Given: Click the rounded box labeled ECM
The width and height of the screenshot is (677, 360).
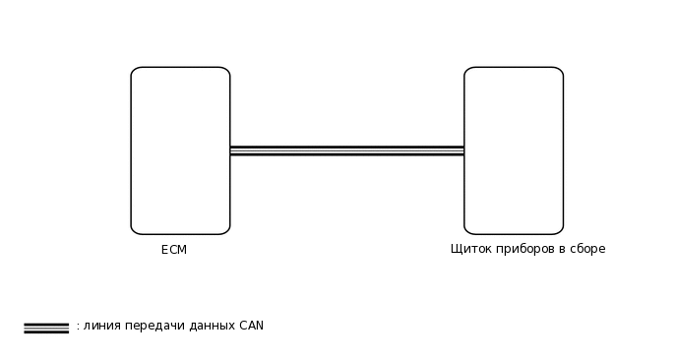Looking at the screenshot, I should (x=180, y=150).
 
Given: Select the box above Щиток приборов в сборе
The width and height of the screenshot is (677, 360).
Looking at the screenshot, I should (x=514, y=150).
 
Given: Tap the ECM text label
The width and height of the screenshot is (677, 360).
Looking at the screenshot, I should (x=174, y=250).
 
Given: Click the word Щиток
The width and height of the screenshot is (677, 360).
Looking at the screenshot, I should (x=469, y=249).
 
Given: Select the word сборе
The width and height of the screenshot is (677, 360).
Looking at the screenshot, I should (x=586, y=249).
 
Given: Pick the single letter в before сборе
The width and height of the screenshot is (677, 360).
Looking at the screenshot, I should (x=561, y=249).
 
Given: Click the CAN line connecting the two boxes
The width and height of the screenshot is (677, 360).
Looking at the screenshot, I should (x=346, y=150).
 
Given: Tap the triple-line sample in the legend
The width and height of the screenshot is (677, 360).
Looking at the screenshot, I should (x=46, y=328).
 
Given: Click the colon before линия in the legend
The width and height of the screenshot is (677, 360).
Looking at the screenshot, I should (x=78, y=326).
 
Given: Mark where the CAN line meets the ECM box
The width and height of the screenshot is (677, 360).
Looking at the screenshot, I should (x=230, y=150).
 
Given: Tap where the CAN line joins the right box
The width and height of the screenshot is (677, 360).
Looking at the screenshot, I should (x=464, y=150).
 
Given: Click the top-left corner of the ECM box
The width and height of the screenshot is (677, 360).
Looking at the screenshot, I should (x=134, y=70).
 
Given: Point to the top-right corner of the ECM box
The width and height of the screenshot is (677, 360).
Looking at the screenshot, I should (x=227, y=70).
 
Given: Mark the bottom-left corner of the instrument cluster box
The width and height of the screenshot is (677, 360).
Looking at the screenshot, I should (x=467, y=231).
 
